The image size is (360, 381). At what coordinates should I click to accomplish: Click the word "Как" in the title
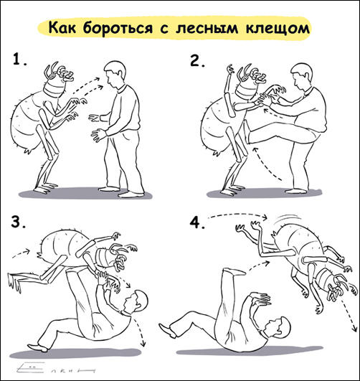pos(62,28)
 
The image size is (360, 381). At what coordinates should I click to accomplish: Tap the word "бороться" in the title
pos(118,29)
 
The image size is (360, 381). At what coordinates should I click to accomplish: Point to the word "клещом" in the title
pos(278,29)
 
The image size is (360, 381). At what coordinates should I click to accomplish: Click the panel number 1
pos(19,60)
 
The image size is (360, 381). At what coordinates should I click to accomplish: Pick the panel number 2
pos(197,61)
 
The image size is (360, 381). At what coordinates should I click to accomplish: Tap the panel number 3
pos(19,222)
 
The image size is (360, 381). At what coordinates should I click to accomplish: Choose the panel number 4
pos(197,223)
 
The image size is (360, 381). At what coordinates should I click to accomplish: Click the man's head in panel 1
pos(115,73)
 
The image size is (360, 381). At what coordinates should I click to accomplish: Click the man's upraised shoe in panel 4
pos(235,271)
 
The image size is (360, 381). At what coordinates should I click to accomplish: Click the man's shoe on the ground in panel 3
pos(38,348)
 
